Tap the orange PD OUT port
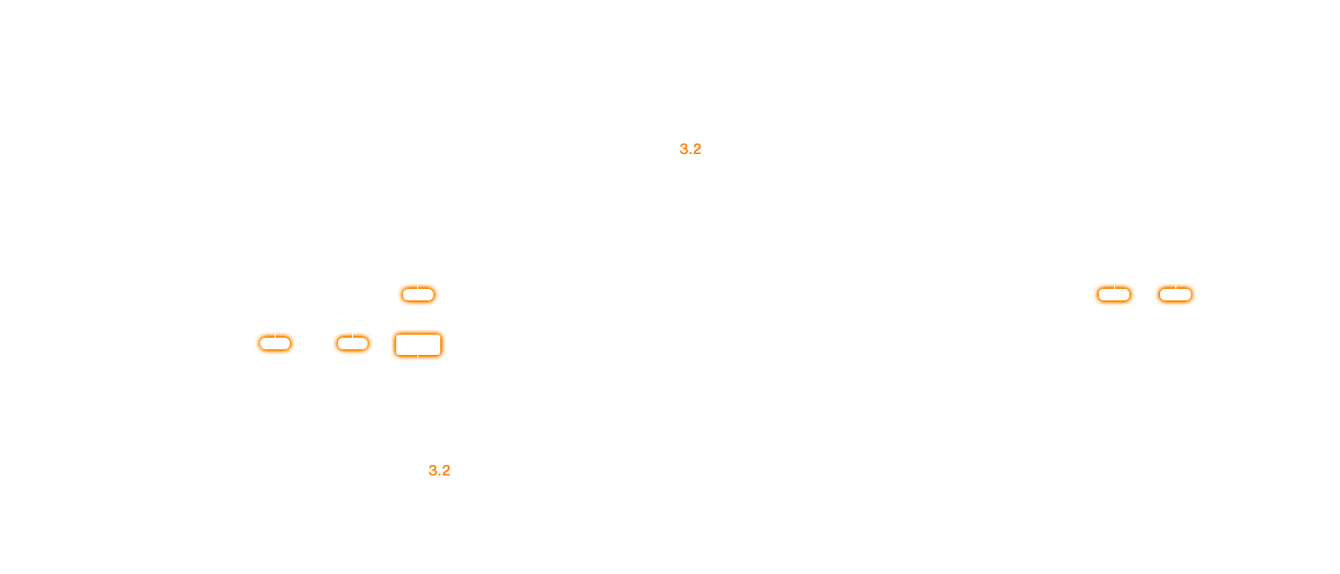(x=274, y=342)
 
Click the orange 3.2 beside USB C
(x=690, y=149)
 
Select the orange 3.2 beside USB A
(x=439, y=471)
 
